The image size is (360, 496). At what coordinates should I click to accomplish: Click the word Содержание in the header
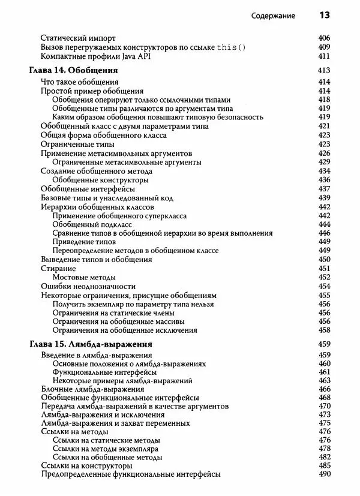[273, 16]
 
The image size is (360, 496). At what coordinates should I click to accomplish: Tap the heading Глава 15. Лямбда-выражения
[91, 345]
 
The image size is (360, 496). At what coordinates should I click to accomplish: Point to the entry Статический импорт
[78, 37]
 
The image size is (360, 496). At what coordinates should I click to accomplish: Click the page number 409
[325, 47]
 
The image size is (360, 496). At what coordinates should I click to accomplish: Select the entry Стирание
[58, 268]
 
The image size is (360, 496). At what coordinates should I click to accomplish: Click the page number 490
[325, 474]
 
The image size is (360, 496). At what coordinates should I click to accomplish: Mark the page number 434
[325, 171]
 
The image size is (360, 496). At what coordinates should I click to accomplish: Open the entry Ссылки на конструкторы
[86, 465]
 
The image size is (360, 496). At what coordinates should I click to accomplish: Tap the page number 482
[325, 457]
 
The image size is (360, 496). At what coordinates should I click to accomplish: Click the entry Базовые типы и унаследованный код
[107, 197]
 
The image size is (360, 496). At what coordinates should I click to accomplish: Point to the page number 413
[325, 71]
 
